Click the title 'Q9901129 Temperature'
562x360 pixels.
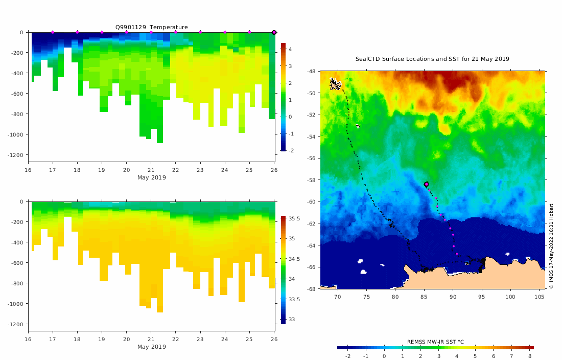(x=151, y=27)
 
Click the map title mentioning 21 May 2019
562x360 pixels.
(x=432, y=59)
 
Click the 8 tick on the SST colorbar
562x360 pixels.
(x=530, y=356)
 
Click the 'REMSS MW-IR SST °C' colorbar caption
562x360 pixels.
(x=435, y=342)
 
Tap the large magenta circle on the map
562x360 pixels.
(x=426, y=184)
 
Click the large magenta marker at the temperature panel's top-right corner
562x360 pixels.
(x=274, y=32)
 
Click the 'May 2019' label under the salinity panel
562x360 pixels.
(x=151, y=347)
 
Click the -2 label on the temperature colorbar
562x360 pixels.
(x=290, y=151)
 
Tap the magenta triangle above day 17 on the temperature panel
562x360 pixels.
(x=53, y=32)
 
